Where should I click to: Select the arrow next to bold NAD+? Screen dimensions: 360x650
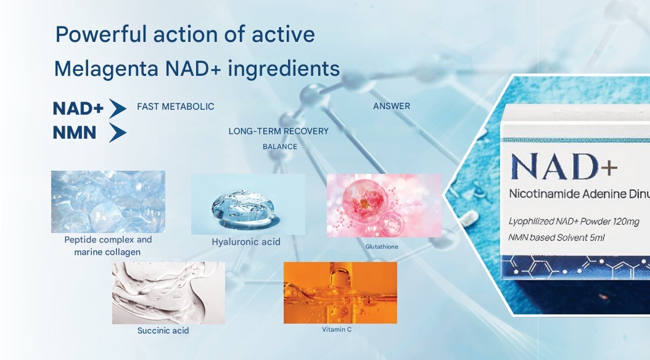[x=117, y=108]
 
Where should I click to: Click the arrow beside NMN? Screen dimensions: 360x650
[x=117, y=133]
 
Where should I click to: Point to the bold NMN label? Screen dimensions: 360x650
[x=75, y=132]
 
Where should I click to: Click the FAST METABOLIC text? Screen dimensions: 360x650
[x=175, y=107]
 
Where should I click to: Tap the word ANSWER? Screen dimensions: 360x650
[x=392, y=106]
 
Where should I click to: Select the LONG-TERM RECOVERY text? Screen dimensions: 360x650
[x=278, y=131]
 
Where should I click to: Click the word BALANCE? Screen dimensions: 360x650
[x=280, y=147]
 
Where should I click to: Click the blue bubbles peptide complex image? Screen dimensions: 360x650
[x=108, y=202]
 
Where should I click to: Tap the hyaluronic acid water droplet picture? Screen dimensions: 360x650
[x=248, y=204]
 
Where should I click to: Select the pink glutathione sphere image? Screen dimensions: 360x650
[x=384, y=205]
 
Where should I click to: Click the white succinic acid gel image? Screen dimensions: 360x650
[x=168, y=293]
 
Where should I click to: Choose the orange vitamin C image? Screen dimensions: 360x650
[x=340, y=292]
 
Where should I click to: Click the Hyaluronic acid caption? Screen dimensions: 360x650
[x=246, y=242]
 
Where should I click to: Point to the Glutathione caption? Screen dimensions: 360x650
[x=382, y=247]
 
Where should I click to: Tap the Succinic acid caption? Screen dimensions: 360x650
[x=163, y=331]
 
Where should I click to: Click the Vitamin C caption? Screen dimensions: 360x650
[x=337, y=329]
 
